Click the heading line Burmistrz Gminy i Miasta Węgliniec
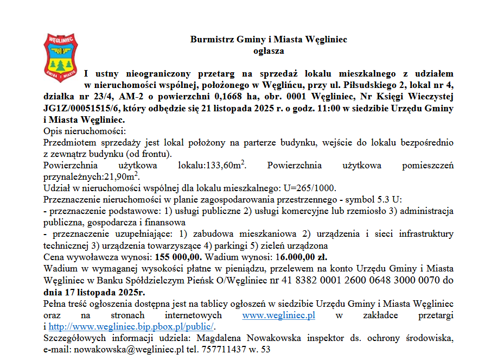pyautogui.click(x=269, y=40)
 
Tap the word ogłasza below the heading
pyautogui.click(x=269, y=51)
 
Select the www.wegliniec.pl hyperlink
pyautogui.click(x=278, y=315)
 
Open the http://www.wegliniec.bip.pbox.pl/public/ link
pyautogui.click(x=132, y=326)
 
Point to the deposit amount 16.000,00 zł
pyautogui.click(x=302, y=257)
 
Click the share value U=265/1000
pyautogui.click(x=307, y=188)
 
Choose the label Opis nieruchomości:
pyautogui.click(x=84, y=131)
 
